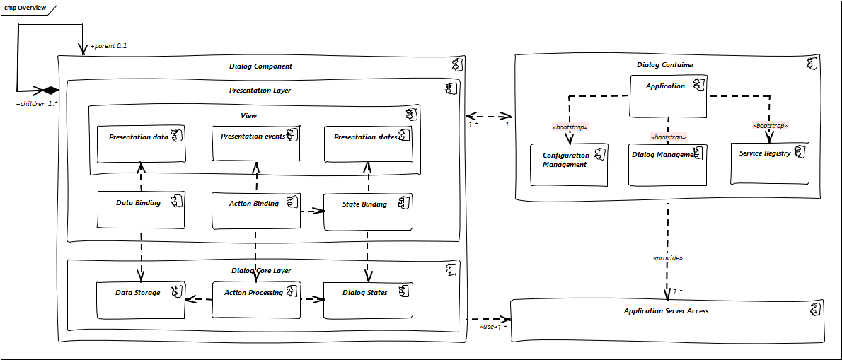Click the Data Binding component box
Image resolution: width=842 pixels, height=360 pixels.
pyautogui.click(x=141, y=209)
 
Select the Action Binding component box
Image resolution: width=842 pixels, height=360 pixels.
pyautogui.click(x=256, y=210)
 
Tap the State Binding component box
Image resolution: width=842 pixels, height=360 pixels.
pyautogui.click(x=368, y=211)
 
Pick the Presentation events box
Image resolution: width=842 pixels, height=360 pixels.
pyautogui.click(x=255, y=144)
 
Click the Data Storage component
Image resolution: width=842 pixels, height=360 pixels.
pyautogui.click(x=141, y=299)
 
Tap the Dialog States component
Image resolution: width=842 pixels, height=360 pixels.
pyautogui.click(x=368, y=299)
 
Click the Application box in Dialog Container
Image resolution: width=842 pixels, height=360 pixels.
pyautogui.click(x=668, y=95)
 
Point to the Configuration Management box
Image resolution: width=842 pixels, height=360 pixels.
pyautogui.click(x=569, y=164)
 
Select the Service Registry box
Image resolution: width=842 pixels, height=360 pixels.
pyautogui.click(x=769, y=163)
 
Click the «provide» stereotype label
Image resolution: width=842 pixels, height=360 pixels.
pyautogui.click(x=667, y=258)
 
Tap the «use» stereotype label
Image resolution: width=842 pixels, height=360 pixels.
pyautogui.click(x=488, y=327)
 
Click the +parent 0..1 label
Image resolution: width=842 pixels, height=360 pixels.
pyautogui.click(x=108, y=47)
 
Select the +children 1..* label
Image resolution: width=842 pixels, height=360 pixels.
pyautogui.click(x=37, y=104)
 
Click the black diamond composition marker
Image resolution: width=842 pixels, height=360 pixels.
pyautogui.click(x=49, y=91)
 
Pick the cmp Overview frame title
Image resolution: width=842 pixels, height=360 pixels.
pyautogui.click(x=25, y=8)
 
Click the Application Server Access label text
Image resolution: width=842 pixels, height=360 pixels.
pyautogui.click(x=666, y=311)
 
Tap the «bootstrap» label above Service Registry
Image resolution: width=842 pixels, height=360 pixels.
pyautogui.click(x=769, y=126)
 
